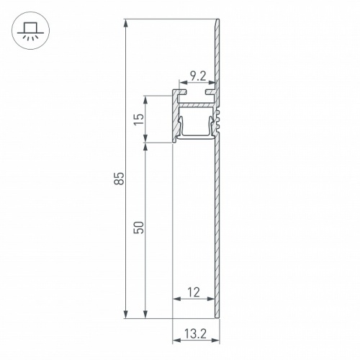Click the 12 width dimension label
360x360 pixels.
pyautogui.click(x=193, y=292)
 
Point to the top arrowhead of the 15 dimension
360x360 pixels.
pyautogui.click(x=146, y=99)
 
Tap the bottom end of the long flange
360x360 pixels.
pyautogui.click(x=217, y=315)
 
